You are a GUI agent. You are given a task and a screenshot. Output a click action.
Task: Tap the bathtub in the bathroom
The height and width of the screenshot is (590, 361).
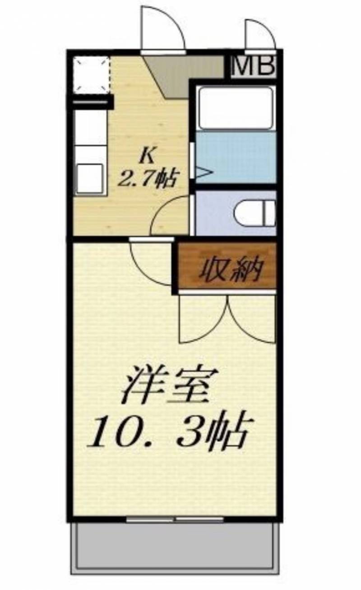[236, 108]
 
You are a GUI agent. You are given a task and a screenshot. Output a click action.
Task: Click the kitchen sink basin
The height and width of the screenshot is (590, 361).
[89, 178]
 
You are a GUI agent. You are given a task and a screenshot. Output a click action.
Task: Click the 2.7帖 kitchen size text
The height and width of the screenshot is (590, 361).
[148, 179]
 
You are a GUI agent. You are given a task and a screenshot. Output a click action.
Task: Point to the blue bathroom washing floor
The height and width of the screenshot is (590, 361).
[236, 157]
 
